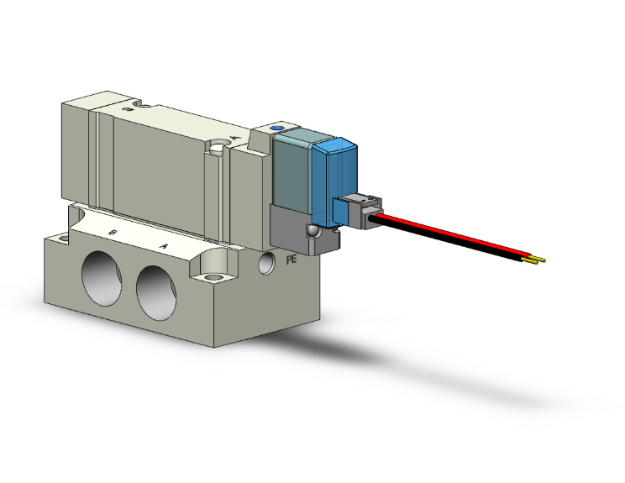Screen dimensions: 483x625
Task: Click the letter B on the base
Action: (113, 231)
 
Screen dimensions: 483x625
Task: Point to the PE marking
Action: (292, 260)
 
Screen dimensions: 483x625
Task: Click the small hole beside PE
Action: (266, 263)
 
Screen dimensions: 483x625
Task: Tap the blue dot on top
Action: (278, 129)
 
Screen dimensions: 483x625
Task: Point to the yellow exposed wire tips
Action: (534, 260)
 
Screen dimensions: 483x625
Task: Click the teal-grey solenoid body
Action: (290, 172)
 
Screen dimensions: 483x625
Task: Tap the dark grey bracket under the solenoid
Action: (290, 227)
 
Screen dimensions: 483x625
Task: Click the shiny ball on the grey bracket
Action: (313, 230)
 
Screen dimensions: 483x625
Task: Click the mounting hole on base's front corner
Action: (213, 276)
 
